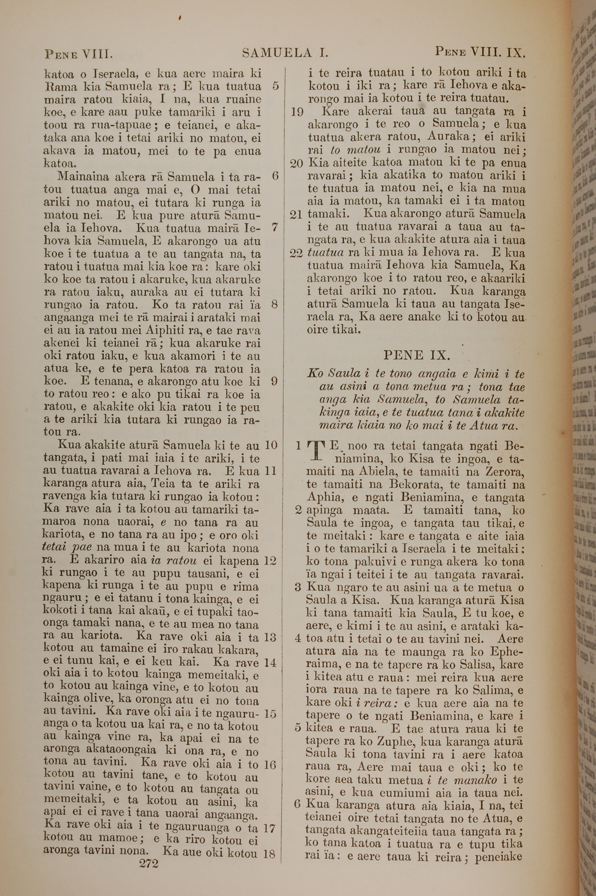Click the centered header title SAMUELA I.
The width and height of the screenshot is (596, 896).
(x=285, y=53)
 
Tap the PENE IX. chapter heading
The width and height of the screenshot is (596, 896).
(x=417, y=355)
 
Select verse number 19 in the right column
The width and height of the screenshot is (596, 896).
(x=297, y=112)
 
